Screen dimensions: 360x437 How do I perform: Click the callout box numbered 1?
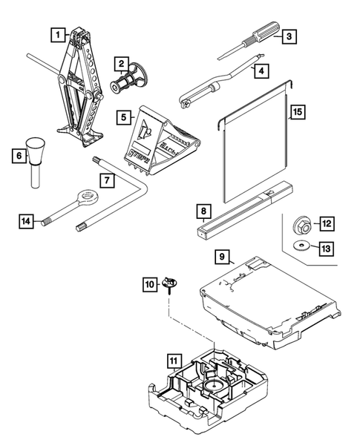pyautogui.click(x=58, y=35)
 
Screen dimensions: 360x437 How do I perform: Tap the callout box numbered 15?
pyautogui.click(x=298, y=112)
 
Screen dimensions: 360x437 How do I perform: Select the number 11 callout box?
pyautogui.click(x=174, y=361)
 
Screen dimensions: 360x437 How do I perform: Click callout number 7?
pyautogui.click(x=107, y=180)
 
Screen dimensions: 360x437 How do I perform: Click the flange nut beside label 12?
pyautogui.click(x=303, y=226)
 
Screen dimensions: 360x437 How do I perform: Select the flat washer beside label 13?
pyautogui.click(x=301, y=246)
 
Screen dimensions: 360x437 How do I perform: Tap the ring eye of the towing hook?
pyautogui.click(x=88, y=197)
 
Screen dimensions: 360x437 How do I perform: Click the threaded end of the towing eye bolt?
pyautogui.click(x=46, y=222)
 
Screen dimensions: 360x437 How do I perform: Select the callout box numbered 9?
pyautogui.click(x=222, y=257)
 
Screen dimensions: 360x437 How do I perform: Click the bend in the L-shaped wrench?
pyautogui.click(x=143, y=188)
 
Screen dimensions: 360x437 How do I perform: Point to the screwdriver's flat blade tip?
pyautogui.click(x=220, y=58)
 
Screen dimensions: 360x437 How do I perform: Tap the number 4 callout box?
pyautogui.click(x=261, y=70)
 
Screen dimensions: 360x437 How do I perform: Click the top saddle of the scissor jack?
pyautogui.click(x=81, y=33)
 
